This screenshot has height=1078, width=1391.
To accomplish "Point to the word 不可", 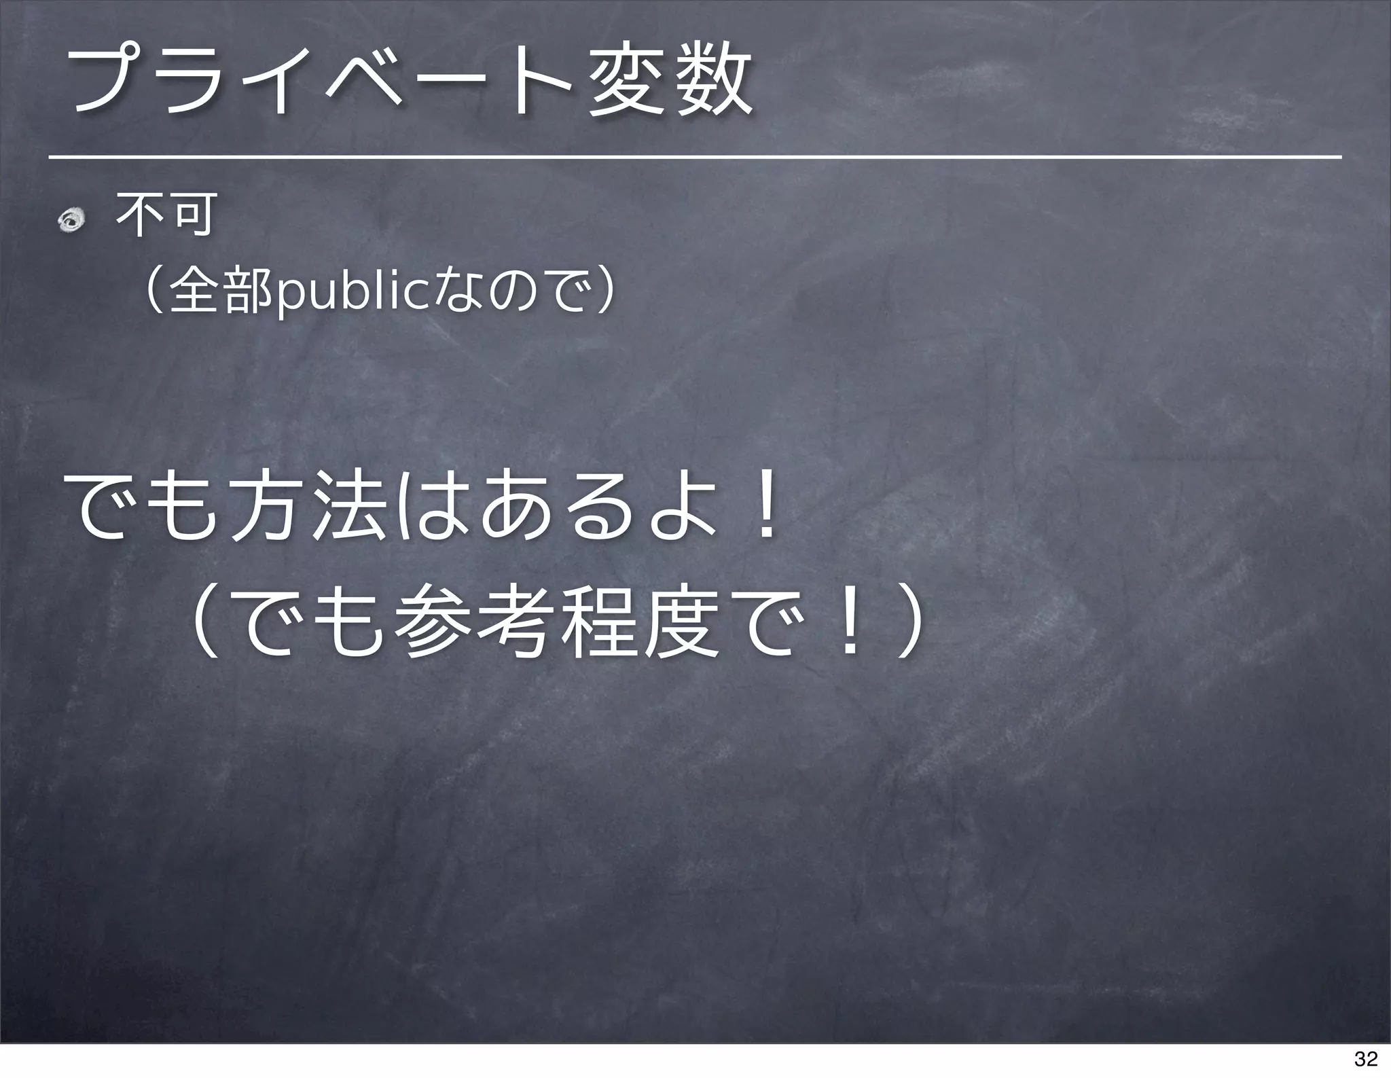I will coord(166,215).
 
